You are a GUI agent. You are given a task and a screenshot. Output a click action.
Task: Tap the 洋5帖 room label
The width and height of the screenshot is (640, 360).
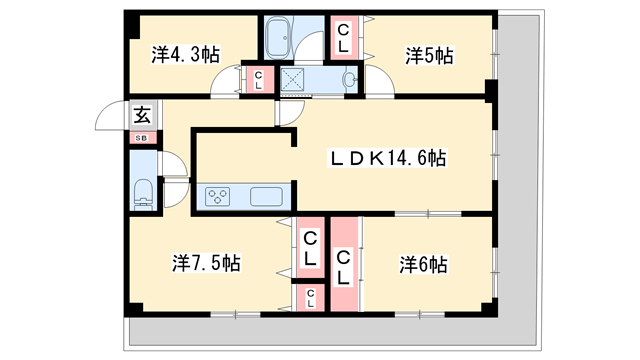click(x=428, y=55)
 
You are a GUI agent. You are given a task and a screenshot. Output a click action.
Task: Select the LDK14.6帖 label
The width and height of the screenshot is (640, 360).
click(x=389, y=158)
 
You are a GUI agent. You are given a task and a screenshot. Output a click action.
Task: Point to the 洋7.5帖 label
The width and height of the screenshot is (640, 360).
click(x=205, y=263)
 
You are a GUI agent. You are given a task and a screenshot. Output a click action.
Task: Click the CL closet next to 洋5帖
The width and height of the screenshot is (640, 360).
click(x=343, y=38)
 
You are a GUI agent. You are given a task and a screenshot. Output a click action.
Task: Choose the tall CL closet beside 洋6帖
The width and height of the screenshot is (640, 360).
click(x=344, y=265)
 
